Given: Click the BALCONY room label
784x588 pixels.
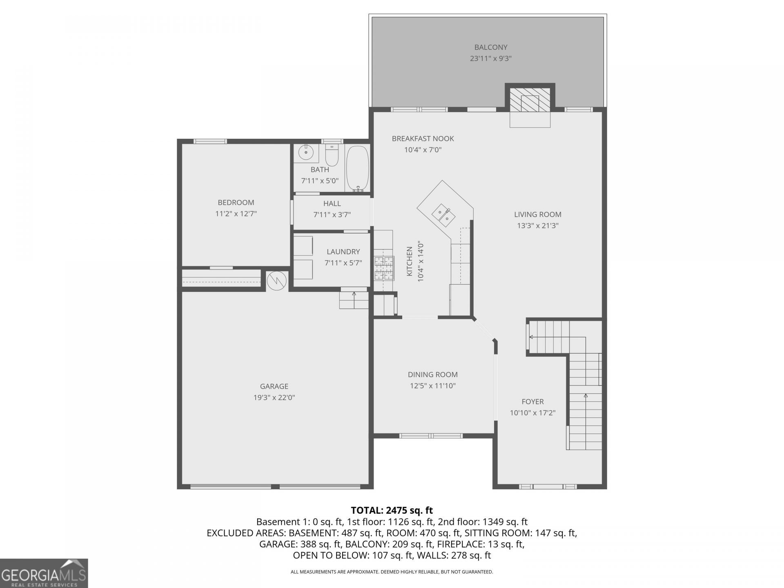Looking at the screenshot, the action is pos(491,47).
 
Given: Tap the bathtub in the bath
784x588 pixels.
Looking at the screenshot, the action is pos(358,169).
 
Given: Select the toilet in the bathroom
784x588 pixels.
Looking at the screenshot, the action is pos(332,156).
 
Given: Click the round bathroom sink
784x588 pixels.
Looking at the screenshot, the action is pos(305,153).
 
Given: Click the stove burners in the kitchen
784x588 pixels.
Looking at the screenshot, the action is pos(384,268).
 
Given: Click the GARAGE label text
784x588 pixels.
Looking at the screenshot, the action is pos(274,386).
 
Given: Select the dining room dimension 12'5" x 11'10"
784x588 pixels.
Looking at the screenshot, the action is pos(433,385).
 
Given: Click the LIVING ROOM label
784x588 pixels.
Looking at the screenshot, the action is pos(537,214).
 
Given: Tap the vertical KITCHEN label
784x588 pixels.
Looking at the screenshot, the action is pos(410,261).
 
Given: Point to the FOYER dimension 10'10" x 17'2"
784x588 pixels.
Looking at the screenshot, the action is pos(532,413).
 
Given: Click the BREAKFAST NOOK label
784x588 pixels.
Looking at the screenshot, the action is pos(423,139).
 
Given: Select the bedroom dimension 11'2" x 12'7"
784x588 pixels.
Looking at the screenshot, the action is pos(236,214).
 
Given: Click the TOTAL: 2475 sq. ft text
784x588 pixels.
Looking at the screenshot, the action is pos(392,510).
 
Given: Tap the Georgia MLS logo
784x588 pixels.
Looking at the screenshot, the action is pos(44,573).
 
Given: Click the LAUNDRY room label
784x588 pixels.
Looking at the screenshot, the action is pos(343,252).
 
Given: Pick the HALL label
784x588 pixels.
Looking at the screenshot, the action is pos(332,203).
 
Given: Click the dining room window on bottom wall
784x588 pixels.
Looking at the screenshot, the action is pos(431,436).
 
